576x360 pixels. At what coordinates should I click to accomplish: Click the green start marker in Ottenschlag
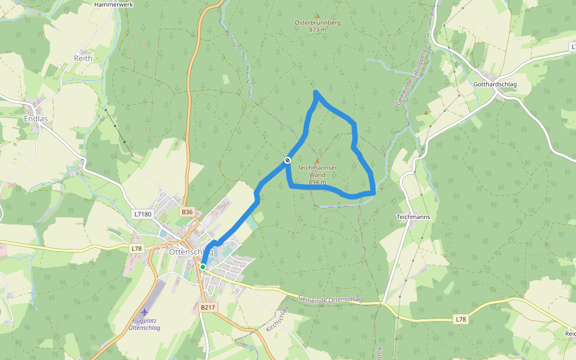point(203,266)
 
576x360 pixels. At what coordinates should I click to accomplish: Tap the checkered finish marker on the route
point(287,160)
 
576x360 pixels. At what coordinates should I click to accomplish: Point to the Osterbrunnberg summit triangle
point(317,16)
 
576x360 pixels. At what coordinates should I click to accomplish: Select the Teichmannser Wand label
point(317,175)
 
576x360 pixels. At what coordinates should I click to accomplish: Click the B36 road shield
point(188,212)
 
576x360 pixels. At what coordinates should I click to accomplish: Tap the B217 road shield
point(208,307)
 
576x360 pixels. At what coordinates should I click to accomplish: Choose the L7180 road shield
point(143,214)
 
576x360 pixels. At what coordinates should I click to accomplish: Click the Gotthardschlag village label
point(494,84)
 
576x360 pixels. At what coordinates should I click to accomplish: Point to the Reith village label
point(83,58)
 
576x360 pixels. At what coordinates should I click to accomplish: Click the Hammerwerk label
point(113,4)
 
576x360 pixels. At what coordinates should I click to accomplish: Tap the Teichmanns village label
point(413,217)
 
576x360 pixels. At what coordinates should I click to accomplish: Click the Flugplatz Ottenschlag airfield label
point(144,324)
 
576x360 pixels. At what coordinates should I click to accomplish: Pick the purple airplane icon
point(144,312)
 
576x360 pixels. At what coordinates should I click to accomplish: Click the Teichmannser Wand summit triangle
point(317,161)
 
